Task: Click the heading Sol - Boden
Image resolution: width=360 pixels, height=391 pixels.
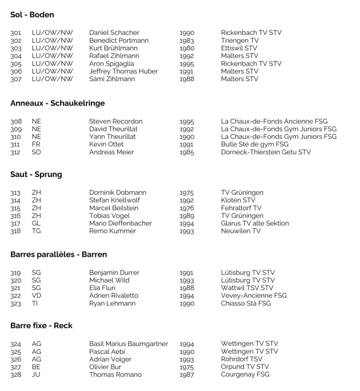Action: click(33, 15)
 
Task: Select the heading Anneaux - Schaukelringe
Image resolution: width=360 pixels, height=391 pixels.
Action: click(58, 103)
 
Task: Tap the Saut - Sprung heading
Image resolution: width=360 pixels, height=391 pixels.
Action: click(37, 174)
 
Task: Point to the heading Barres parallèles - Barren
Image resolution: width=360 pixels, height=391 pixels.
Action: click(59, 254)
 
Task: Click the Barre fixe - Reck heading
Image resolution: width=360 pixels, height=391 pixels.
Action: click(41, 325)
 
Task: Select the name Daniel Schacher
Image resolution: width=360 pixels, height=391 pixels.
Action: click(114, 33)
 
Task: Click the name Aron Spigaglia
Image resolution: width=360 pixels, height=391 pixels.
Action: click(113, 64)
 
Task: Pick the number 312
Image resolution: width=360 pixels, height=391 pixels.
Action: click(16, 152)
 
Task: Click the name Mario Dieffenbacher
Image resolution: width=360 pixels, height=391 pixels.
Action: click(121, 224)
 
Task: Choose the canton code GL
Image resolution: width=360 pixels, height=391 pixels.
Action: click(37, 224)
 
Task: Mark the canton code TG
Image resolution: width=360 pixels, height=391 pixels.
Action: click(37, 231)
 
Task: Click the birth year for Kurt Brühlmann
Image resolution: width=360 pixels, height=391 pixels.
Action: click(187, 49)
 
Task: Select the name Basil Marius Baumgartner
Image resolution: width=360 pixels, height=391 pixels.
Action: click(129, 344)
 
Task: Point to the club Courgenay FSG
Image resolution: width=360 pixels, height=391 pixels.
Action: click(245, 375)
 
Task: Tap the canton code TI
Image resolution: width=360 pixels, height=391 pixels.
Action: click(35, 304)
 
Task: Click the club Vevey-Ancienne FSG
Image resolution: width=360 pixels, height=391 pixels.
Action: click(254, 296)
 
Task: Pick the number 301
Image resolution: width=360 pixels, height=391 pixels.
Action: click(16, 33)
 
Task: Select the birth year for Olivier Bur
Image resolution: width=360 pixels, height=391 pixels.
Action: click(187, 367)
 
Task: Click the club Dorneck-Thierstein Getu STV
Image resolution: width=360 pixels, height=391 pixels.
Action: click(266, 152)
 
